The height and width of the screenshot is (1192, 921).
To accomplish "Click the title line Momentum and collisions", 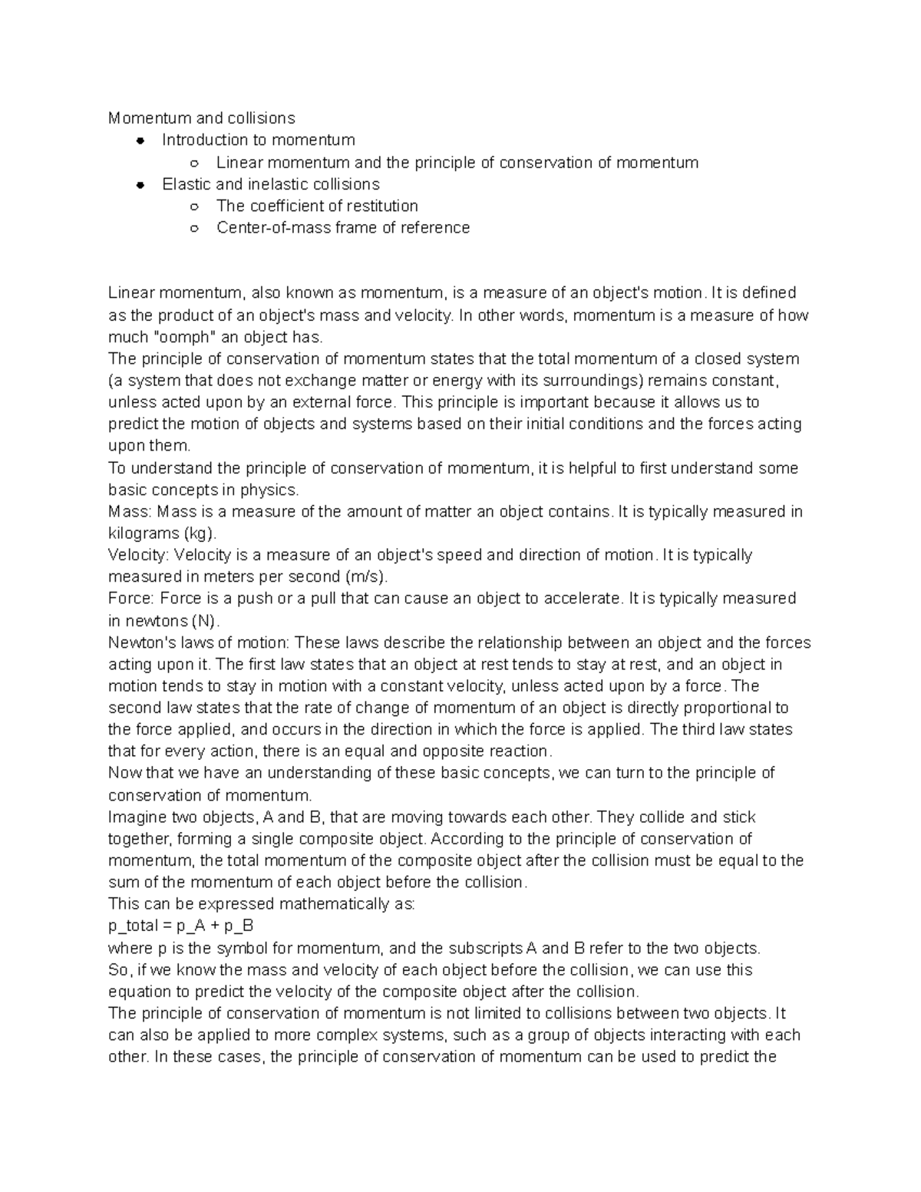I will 201,118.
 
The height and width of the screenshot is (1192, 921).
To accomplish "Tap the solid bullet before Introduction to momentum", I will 140,140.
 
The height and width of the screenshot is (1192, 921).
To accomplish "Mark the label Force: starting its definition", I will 131,598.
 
